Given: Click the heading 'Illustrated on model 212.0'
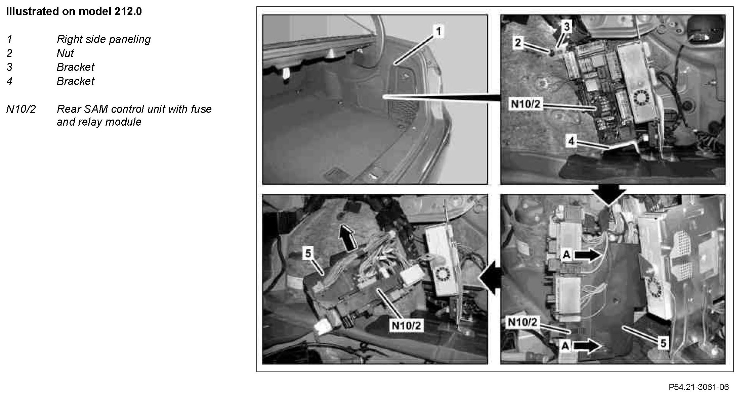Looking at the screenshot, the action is (74, 11).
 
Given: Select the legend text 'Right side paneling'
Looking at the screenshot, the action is (104, 39).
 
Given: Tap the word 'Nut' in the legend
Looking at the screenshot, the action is (65, 53).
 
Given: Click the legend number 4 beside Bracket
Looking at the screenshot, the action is (9, 81).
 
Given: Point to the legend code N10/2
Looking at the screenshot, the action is (21, 109).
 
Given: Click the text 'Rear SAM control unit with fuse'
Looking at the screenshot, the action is (134, 109).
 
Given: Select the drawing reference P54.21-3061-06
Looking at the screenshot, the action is (699, 387).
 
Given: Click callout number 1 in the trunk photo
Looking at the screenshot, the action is (438, 32).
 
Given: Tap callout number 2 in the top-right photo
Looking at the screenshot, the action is (518, 43).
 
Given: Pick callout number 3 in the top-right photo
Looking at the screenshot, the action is (567, 27).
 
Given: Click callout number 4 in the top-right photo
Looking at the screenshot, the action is (571, 141).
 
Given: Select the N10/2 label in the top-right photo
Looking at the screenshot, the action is (526, 104).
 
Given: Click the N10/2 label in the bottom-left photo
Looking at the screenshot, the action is (406, 325).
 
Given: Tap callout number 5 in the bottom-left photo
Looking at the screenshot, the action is (308, 253).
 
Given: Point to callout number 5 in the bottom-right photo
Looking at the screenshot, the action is (663, 343).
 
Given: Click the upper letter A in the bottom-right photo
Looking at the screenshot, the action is (567, 255).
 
